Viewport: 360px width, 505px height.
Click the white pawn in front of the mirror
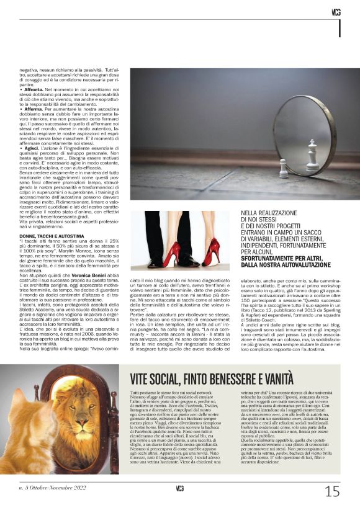pyautogui.click(x=284, y=168)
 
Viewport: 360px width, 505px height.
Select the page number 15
pyautogui.click(x=332, y=491)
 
